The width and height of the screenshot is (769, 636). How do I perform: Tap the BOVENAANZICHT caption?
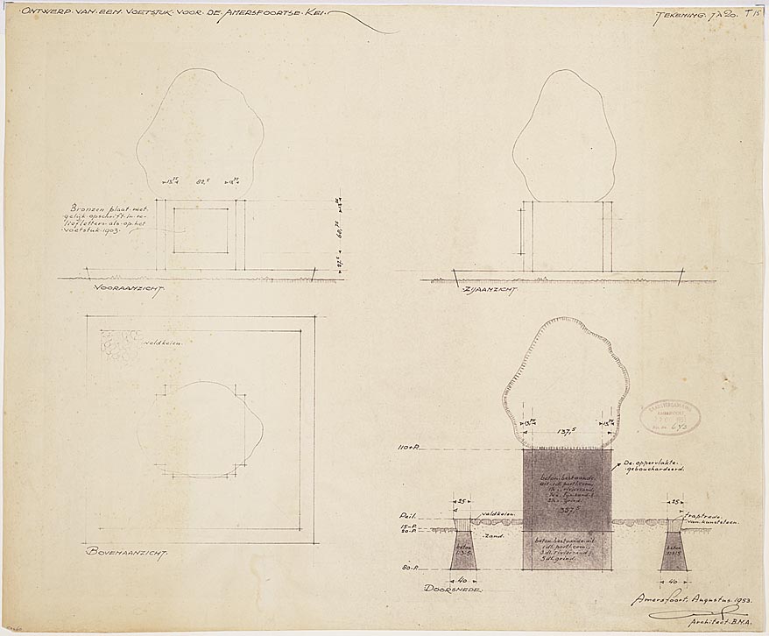[127, 553]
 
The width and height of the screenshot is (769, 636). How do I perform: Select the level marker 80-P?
[406, 569]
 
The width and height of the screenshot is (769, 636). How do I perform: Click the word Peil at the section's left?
[406, 516]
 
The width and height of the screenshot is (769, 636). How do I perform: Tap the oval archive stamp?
[670, 418]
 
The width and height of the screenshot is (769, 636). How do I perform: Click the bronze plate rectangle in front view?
[200, 230]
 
